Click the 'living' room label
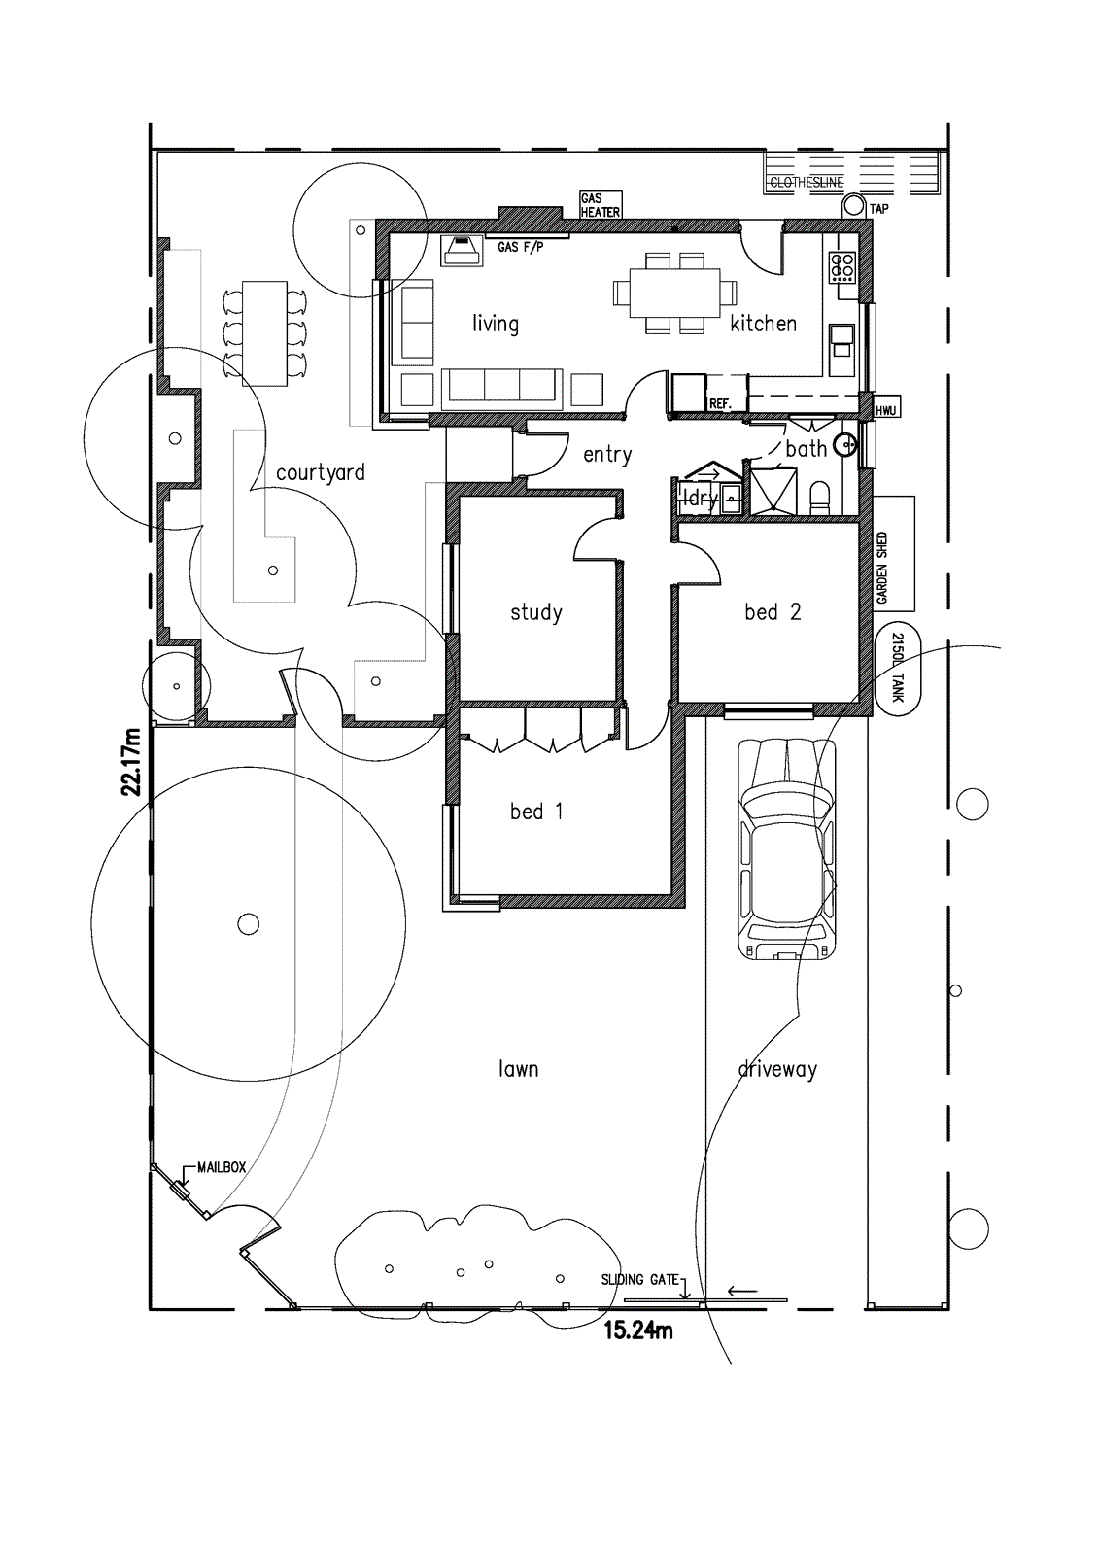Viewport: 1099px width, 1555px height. tap(496, 324)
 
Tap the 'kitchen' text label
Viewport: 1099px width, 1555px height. tap(763, 324)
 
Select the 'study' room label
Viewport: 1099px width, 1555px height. tap(536, 612)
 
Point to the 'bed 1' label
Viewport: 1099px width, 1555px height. tap(536, 812)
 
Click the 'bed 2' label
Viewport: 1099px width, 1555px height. tap(773, 612)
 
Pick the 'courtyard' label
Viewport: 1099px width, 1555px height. tap(321, 473)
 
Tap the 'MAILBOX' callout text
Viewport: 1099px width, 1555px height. tap(222, 1167)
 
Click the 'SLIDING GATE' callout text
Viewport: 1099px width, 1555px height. tap(639, 1279)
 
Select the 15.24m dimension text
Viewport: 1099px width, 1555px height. tap(638, 1330)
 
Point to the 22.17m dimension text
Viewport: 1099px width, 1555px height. tap(131, 761)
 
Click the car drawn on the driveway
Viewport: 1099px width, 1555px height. tap(787, 848)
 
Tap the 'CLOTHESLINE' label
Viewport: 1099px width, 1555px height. tap(807, 182)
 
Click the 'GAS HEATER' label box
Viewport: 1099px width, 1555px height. tap(600, 205)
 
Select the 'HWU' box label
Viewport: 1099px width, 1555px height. tap(885, 411)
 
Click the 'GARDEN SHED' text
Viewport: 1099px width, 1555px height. tap(882, 568)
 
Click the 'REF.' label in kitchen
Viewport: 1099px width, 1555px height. tap(720, 403)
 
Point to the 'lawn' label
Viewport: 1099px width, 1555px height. tap(518, 1069)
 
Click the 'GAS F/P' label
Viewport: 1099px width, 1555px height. tap(520, 248)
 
